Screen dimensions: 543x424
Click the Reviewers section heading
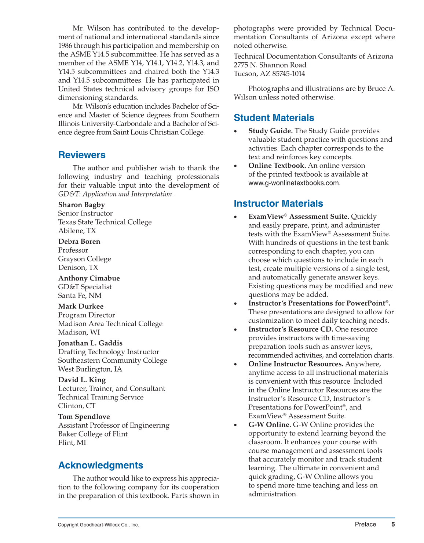click(82, 155)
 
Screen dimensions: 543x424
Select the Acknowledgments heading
click(100, 465)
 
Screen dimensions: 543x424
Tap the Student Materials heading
click(274, 118)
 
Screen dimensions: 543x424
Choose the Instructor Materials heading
click(278, 203)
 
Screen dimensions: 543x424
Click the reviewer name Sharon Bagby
click(81, 205)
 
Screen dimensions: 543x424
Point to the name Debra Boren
click(79, 242)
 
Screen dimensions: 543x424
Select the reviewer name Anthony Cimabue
click(89, 278)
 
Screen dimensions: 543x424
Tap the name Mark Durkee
click(81, 306)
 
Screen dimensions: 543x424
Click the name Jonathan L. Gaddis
click(90, 343)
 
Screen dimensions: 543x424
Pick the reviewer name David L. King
click(82, 380)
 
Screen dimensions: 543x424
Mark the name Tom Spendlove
click(84, 416)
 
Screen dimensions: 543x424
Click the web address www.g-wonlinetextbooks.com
click(293, 183)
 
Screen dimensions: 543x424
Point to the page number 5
click(393, 524)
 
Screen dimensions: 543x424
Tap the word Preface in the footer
click(365, 524)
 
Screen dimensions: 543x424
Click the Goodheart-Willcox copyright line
click(98, 525)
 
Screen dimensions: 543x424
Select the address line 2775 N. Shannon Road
click(270, 65)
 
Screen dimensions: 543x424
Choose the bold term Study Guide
click(270, 131)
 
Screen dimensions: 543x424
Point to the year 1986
click(66, 46)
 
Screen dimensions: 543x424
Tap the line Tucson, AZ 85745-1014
click(269, 74)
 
